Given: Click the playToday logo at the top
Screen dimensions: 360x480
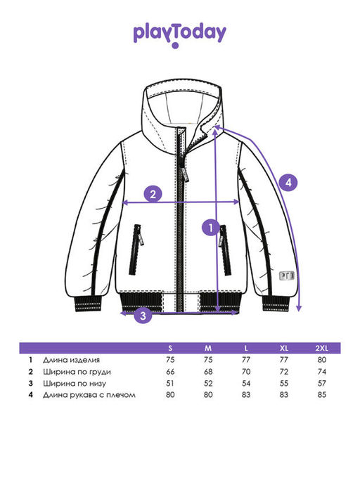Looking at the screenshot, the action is (179, 35).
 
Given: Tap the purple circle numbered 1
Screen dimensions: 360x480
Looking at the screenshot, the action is (211, 228).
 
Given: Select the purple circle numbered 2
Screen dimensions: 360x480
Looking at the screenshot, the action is (153, 194).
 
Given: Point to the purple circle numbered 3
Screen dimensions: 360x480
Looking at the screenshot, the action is (143, 315).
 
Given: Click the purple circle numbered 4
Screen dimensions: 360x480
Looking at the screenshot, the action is (288, 183).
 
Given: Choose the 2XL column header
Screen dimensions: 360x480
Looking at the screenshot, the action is (321, 348).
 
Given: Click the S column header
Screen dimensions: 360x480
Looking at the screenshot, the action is (170, 348).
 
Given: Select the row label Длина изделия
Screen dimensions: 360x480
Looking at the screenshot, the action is (72, 360).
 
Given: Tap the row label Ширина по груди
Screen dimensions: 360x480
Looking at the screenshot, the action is (77, 372).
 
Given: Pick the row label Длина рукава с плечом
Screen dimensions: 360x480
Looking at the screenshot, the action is (89, 395).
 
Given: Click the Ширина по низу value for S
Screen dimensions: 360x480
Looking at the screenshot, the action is (170, 383).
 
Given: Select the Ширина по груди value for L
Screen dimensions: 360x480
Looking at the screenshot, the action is (246, 372).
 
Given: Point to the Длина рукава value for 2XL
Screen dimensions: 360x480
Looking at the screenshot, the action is (322, 395).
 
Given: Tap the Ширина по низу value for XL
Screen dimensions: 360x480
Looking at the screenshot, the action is (284, 383).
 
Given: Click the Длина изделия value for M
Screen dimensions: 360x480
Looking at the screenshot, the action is (208, 360).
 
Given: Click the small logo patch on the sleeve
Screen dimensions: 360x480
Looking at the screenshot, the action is (287, 275).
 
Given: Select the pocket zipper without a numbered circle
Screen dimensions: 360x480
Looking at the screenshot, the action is (136, 249).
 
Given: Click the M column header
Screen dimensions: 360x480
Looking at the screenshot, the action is (208, 348).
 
